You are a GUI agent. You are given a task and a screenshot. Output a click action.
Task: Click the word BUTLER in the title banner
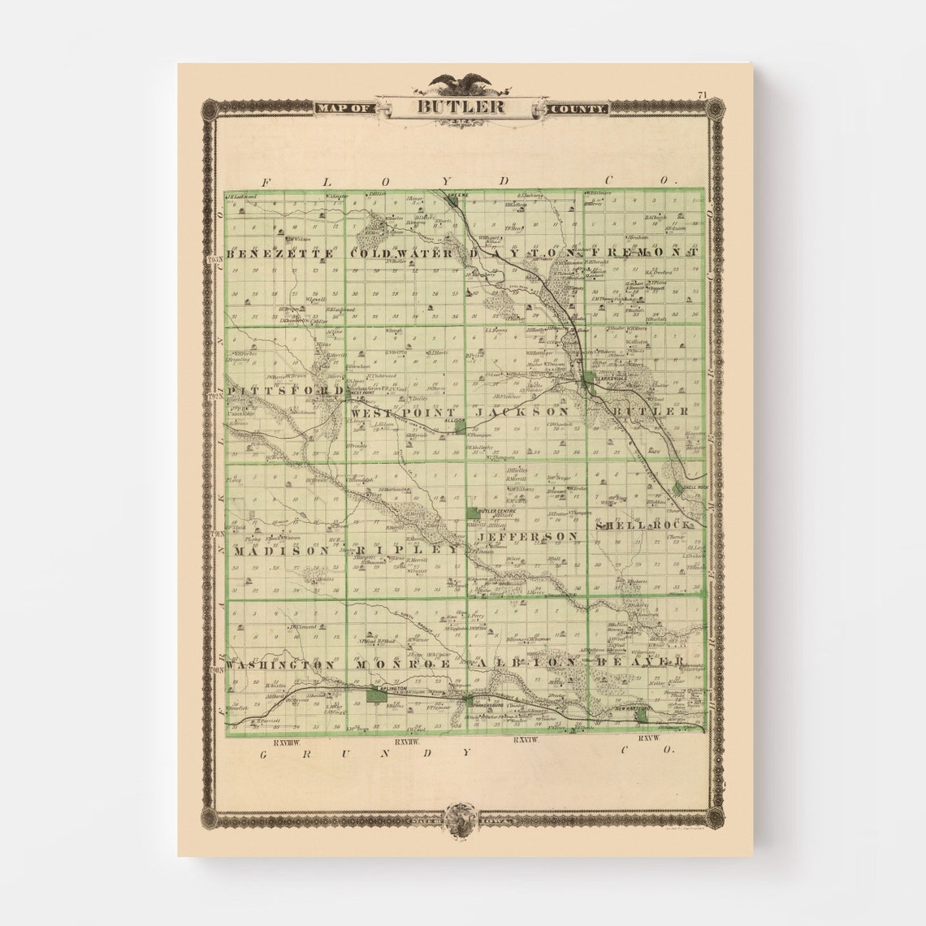point(462,106)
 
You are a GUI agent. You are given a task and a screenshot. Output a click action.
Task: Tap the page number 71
point(702,95)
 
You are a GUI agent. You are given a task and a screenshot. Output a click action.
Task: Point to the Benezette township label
point(282,253)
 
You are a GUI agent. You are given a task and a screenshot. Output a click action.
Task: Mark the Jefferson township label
point(528,537)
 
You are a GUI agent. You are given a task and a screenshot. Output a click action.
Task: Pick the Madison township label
point(281,550)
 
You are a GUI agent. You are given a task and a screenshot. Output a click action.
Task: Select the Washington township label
point(281,664)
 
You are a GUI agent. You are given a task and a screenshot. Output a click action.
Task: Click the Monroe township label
point(404,664)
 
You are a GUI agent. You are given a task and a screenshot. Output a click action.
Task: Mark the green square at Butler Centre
point(473,513)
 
